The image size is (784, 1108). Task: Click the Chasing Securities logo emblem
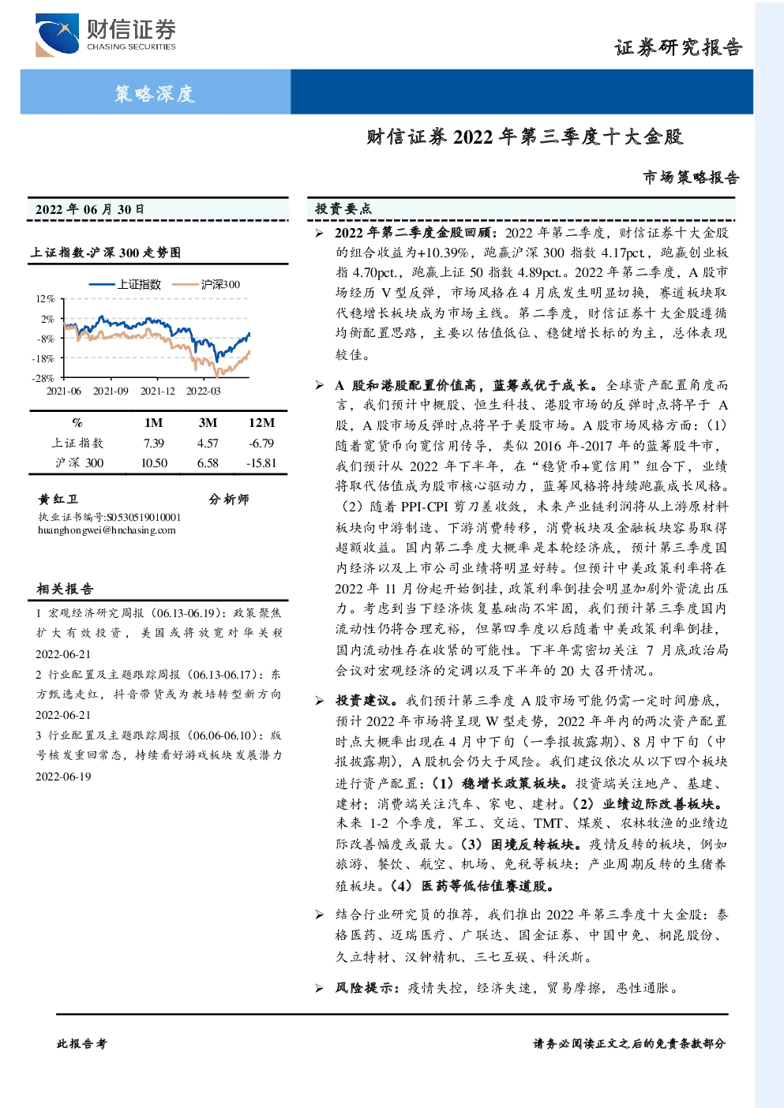point(56,35)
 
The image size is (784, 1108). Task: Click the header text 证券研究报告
point(678,47)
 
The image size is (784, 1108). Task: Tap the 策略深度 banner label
point(155,93)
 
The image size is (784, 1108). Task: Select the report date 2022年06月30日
point(89,209)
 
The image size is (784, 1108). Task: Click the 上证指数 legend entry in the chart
point(126,284)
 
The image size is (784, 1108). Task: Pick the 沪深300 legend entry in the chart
point(206,284)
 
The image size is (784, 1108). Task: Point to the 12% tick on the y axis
point(45,299)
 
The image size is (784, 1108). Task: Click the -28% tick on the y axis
point(43,378)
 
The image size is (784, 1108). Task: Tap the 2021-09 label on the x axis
point(111,391)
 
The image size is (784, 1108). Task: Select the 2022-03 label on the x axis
point(204,391)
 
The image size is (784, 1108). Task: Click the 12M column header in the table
point(262,423)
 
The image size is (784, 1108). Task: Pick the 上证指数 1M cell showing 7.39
point(154,444)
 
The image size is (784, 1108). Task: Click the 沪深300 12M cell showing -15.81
point(261,463)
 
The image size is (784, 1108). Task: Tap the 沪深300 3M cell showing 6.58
point(208,463)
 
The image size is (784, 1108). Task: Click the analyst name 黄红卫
point(58,499)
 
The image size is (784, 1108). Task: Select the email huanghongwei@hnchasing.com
point(107,530)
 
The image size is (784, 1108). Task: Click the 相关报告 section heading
point(65,589)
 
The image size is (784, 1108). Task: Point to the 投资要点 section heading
point(343,209)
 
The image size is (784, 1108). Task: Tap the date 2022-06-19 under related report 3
point(63,776)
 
